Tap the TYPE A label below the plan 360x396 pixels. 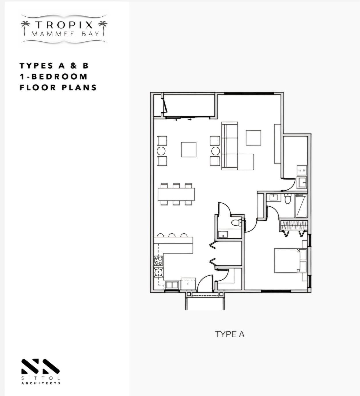pyautogui.click(x=230, y=334)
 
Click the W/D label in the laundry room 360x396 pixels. pyautogui.click(x=302, y=171)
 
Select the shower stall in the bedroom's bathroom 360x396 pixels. pyautogui.click(x=301, y=205)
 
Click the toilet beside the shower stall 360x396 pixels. pyautogui.click(x=287, y=199)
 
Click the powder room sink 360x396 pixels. pyautogui.click(x=223, y=234)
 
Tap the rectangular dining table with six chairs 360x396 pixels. pyautogui.click(x=176, y=194)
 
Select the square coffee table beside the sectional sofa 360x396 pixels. pyautogui.click(x=253, y=138)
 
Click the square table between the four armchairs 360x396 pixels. pyautogui.click(x=189, y=149)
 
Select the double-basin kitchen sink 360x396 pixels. pyautogui.click(x=172, y=285)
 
